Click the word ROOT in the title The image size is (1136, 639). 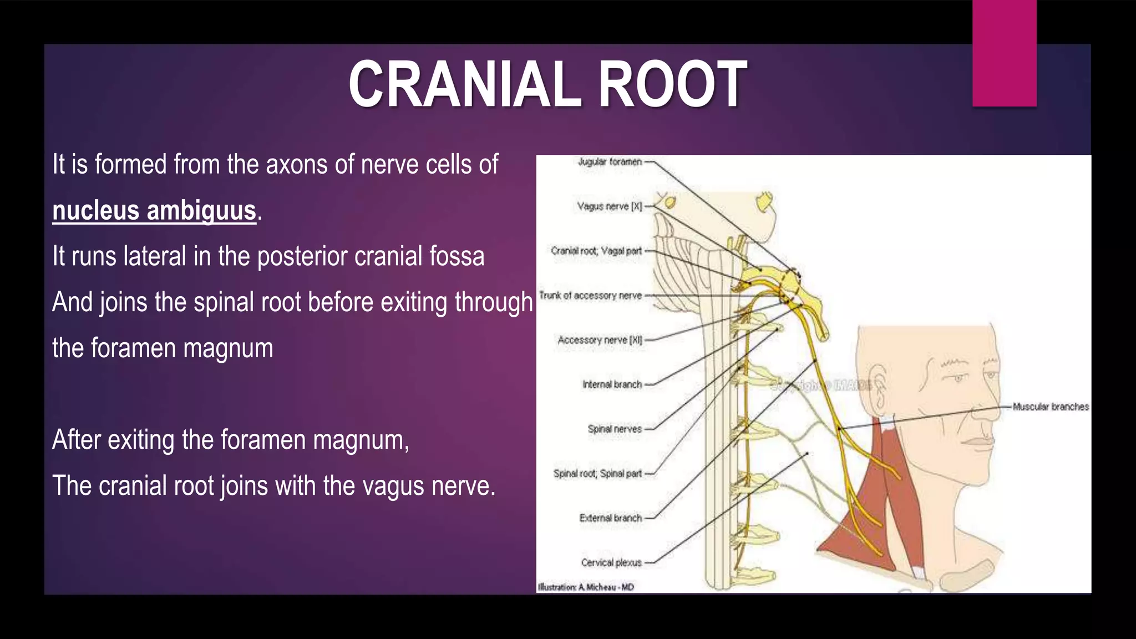pos(672,85)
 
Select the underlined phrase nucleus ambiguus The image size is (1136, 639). pos(154,211)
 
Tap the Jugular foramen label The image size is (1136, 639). pos(610,162)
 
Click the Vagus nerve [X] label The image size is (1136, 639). pos(609,206)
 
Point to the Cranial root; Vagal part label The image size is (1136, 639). pos(596,251)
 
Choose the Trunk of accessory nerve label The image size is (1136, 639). pos(590,296)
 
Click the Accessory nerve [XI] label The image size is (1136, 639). pos(600,340)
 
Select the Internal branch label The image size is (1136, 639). pos(612,384)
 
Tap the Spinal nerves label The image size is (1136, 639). pos(615,429)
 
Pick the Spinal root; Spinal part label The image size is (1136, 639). pos(597,474)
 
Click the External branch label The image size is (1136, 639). pos(610,518)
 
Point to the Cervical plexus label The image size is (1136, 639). pos(611,562)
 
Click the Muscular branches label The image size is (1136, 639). pos(1051,407)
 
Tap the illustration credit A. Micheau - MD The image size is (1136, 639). pos(586,587)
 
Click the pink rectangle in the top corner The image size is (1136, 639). pos(1004,53)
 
